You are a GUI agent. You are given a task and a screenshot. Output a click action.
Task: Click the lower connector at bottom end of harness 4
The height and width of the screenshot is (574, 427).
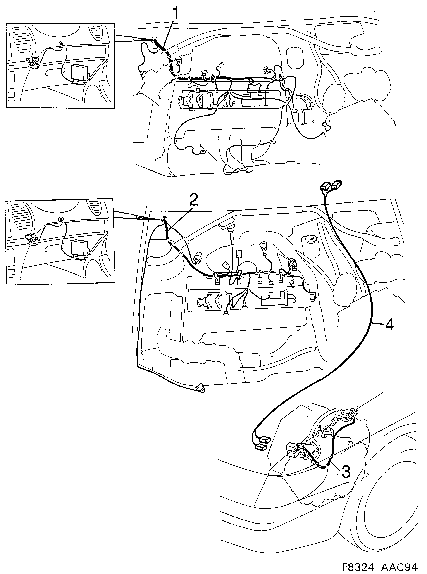(260, 446)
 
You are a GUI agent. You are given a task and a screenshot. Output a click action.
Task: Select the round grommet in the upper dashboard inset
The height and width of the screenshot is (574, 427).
(62, 44)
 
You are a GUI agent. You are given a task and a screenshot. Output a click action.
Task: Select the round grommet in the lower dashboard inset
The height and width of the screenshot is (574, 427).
(61, 219)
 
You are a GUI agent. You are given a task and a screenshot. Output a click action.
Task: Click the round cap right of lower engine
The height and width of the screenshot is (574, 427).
(308, 238)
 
